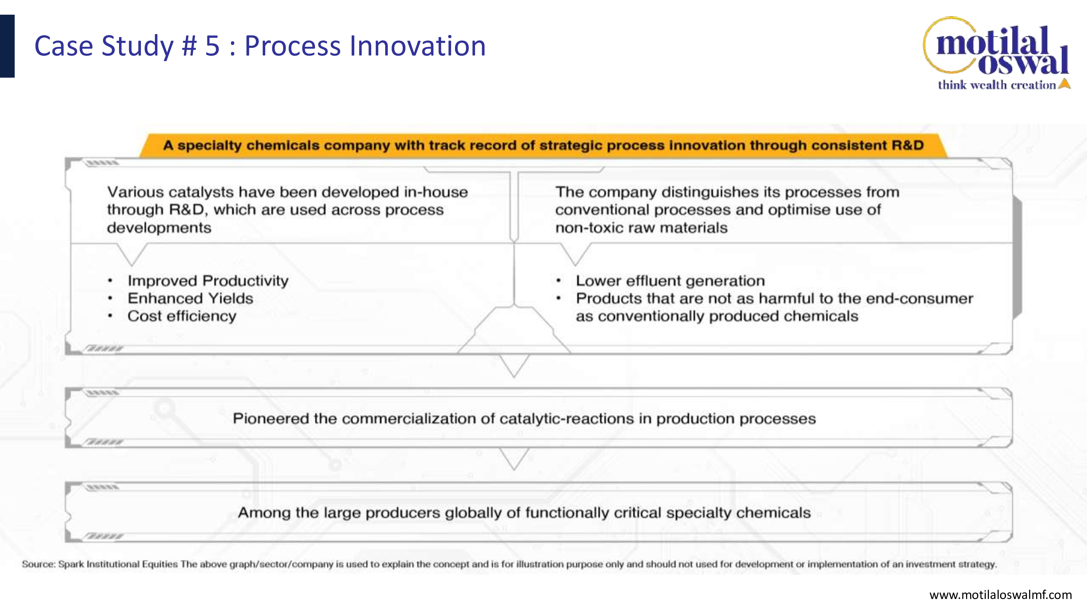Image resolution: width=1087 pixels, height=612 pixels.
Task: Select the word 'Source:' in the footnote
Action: click(38, 564)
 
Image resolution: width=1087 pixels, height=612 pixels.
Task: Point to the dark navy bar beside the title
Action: click(7, 46)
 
